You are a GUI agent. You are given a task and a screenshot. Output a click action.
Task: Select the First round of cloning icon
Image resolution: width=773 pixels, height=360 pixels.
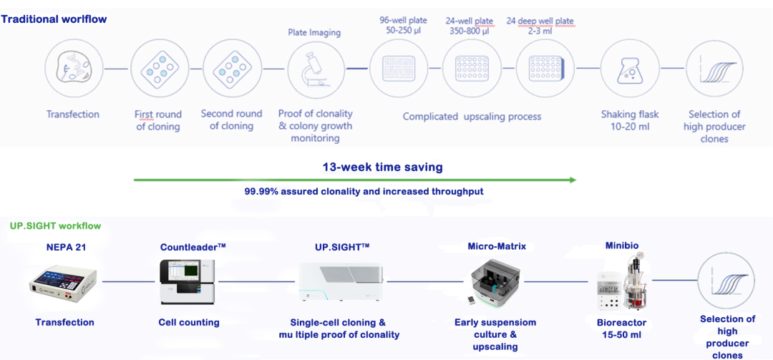pyautogui.click(x=158, y=69)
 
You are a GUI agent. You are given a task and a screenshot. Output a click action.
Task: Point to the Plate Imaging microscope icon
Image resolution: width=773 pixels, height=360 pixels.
pyautogui.click(x=316, y=69)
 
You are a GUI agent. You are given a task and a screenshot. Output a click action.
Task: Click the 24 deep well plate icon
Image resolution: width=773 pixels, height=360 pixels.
pyautogui.click(x=545, y=69)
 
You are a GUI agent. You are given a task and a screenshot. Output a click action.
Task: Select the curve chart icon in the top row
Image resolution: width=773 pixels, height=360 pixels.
pyautogui.click(x=714, y=69)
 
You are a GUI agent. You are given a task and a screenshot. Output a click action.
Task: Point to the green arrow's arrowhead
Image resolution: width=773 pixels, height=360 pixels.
pyautogui.click(x=573, y=180)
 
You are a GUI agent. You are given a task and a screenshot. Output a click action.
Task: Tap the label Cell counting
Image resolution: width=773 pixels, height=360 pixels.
pyautogui.click(x=189, y=323)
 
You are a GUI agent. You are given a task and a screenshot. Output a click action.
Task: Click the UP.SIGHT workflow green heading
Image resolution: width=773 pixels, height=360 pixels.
pyautogui.click(x=55, y=226)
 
